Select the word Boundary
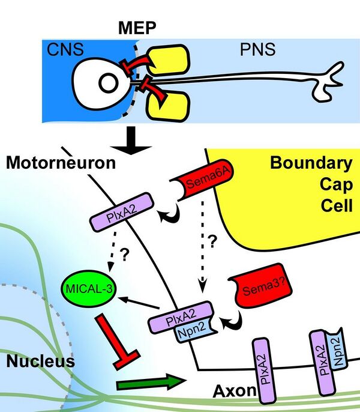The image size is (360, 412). tap(310, 163)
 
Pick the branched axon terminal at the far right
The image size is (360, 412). tap(328, 85)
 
